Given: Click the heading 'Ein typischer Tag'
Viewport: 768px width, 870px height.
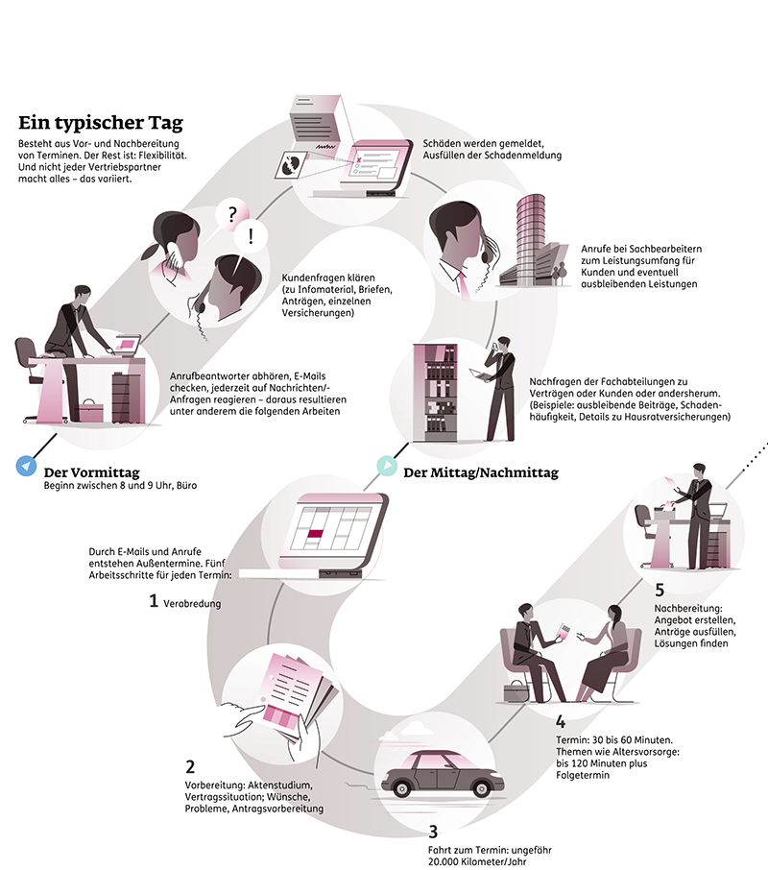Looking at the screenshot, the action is point(101,123).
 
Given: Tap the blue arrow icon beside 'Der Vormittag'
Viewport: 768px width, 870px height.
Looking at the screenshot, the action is point(26,466).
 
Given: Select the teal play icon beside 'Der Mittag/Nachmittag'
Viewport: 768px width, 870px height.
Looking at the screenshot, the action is point(387,466).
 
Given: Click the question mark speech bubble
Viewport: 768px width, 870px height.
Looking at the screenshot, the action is point(232,214).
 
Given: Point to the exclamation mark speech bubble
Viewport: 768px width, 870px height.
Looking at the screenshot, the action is point(251,237).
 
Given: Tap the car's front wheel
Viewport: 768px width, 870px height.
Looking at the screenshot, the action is point(481,787).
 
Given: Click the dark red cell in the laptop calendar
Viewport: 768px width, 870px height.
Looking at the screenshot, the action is point(315,534).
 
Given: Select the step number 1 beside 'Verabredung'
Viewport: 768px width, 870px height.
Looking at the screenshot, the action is point(154,601).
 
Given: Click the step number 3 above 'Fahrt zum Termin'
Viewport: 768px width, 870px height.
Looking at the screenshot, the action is point(433,832).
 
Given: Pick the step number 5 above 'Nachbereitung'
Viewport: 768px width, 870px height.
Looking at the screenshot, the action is point(660,590).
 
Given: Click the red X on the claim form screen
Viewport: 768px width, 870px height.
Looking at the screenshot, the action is point(359,159).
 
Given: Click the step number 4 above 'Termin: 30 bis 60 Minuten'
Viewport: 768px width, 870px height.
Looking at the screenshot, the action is point(561,721).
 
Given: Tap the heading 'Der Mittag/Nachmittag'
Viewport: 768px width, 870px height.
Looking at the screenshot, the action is point(481,472).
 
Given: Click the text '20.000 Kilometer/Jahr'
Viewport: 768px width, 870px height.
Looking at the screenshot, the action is point(477,861).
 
